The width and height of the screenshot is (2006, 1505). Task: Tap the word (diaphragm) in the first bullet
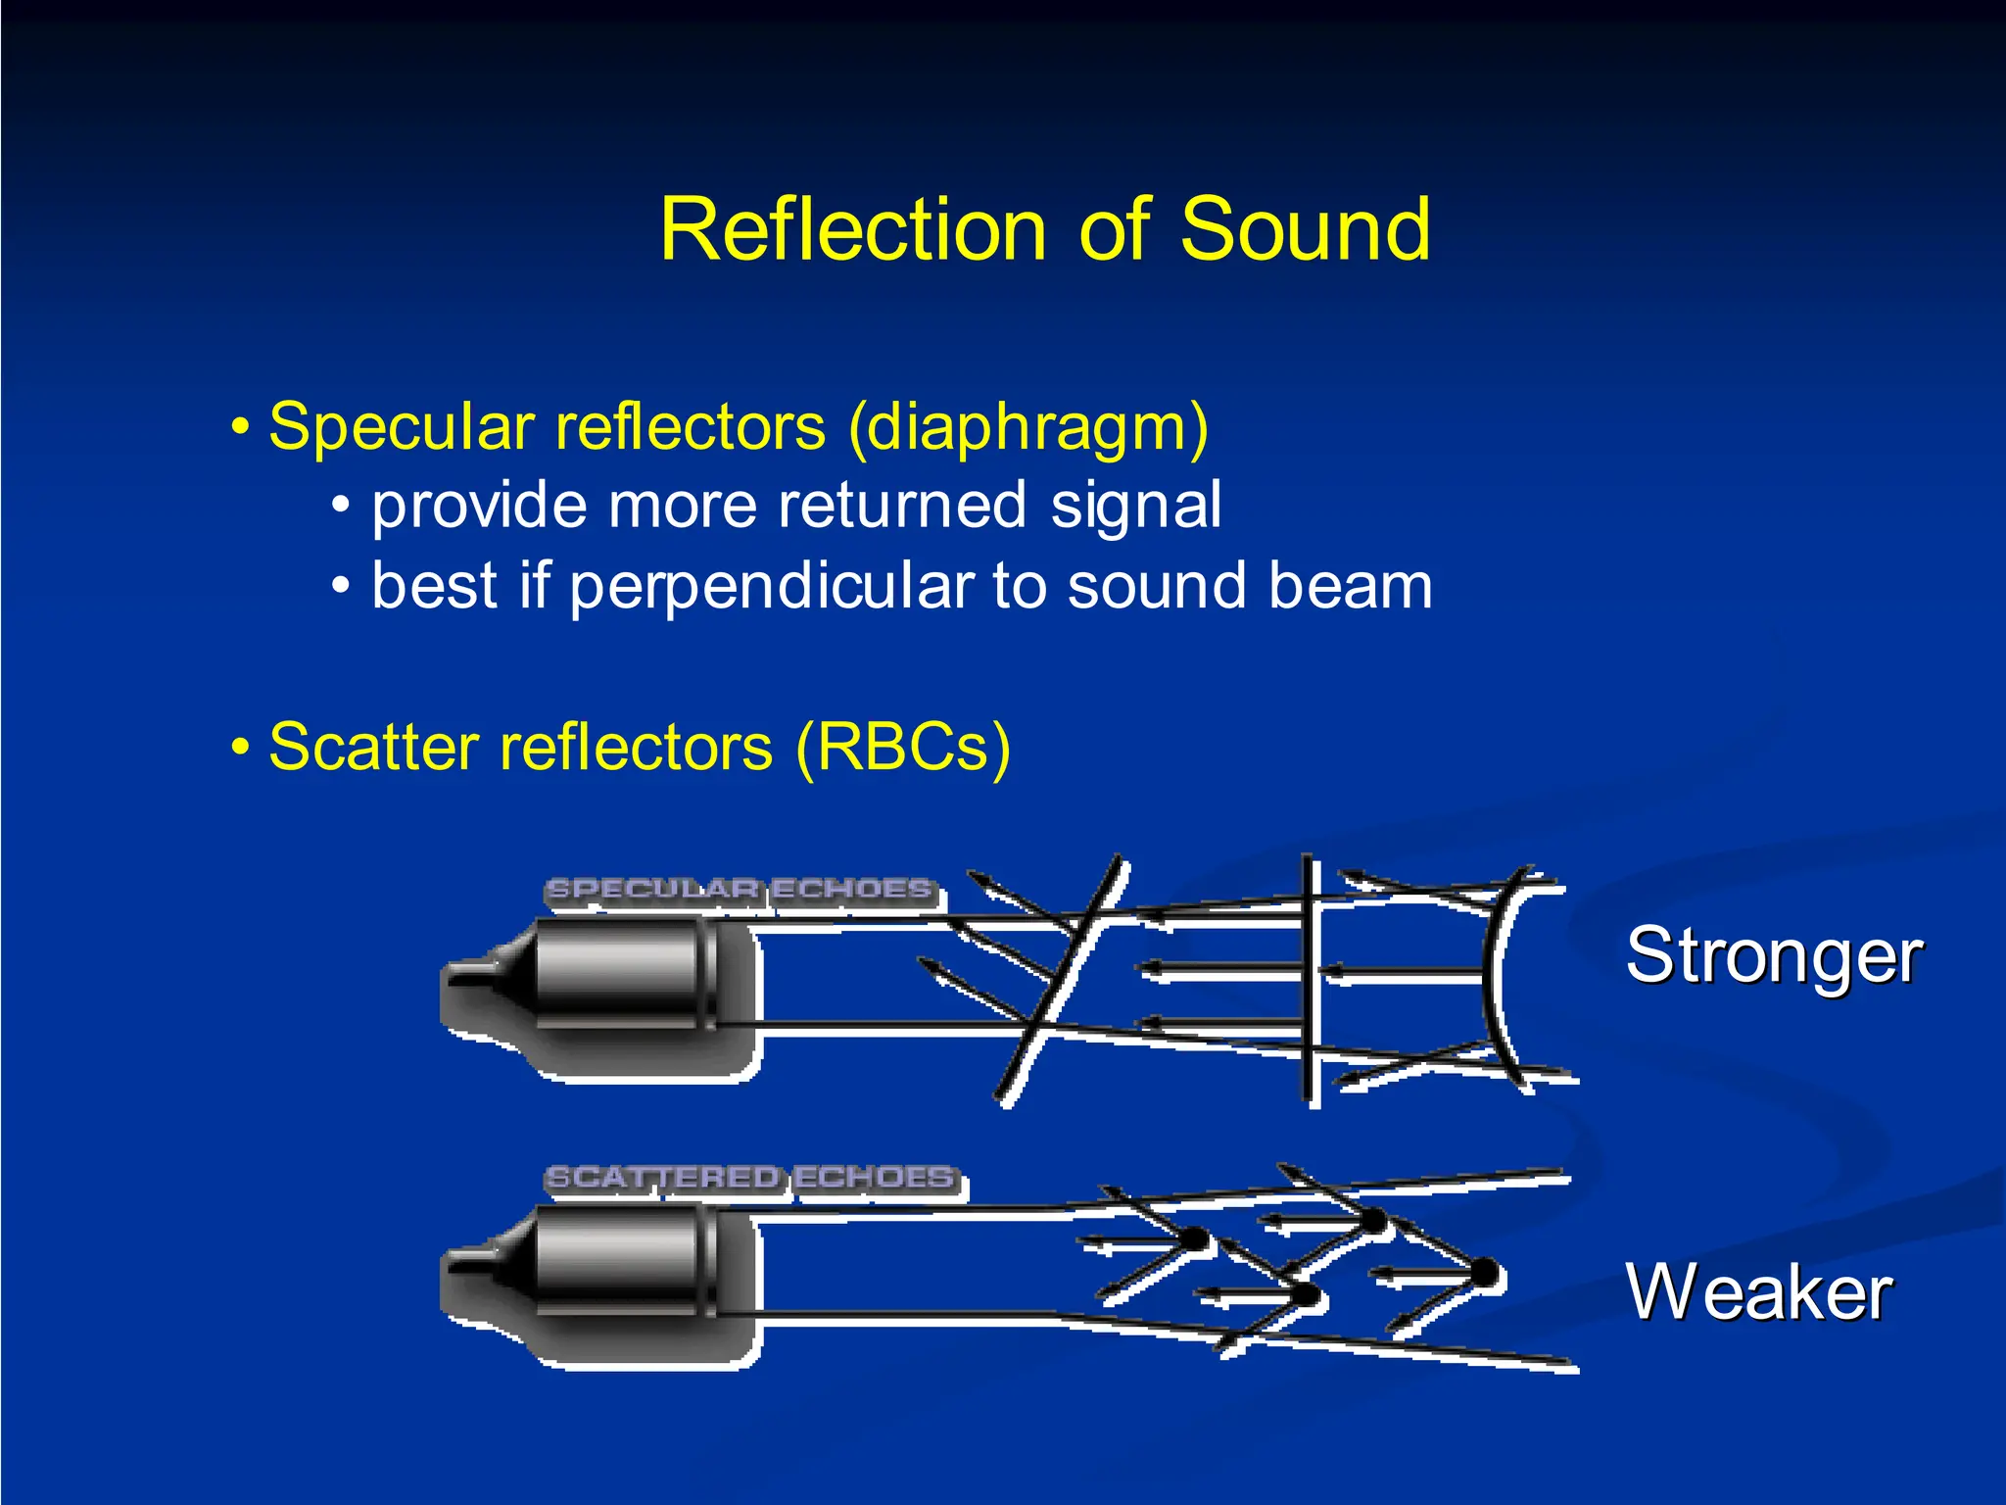pyautogui.click(x=1028, y=428)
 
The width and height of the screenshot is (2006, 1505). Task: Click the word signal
pyautogui.click(x=1136, y=506)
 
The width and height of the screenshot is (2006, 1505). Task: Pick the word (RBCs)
pyautogui.click(x=902, y=748)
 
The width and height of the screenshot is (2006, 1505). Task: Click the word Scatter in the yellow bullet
pyautogui.click(x=373, y=748)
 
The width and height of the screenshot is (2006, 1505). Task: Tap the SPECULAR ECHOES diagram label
pyautogui.click(x=740, y=890)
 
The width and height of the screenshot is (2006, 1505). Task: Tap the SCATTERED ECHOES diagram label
pyautogui.click(x=750, y=1177)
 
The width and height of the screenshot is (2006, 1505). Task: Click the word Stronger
pyautogui.click(x=1774, y=955)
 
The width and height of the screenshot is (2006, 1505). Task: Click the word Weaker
pyautogui.click(x=1758, y=1292)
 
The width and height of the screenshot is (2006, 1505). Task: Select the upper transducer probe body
pyautogui.click(x=617, y=976)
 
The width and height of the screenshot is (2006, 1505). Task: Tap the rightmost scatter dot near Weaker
pyautogui.click(x=1484, y=1274)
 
